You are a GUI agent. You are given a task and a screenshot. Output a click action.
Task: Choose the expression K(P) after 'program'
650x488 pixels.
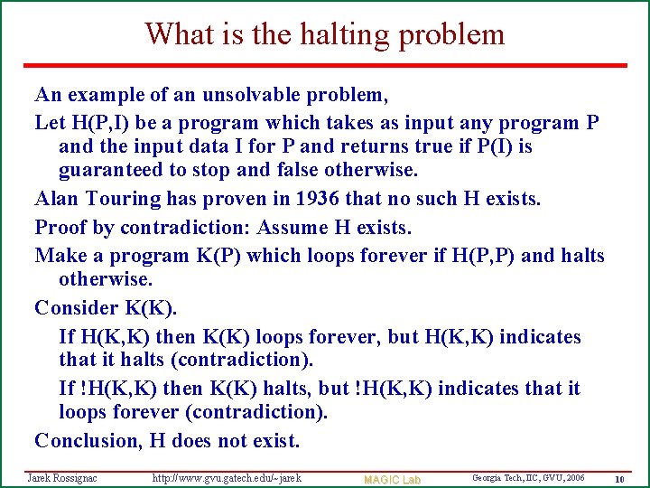coord(218,256)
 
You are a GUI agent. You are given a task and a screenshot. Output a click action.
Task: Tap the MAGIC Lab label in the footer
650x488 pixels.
coord(392,479)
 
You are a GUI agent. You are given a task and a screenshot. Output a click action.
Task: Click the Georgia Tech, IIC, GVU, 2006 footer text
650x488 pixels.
coord(528,477)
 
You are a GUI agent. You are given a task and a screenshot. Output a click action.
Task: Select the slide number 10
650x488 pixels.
coord(619,478)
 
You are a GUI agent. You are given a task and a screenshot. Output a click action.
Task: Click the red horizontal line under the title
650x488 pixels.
coord(325,65)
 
